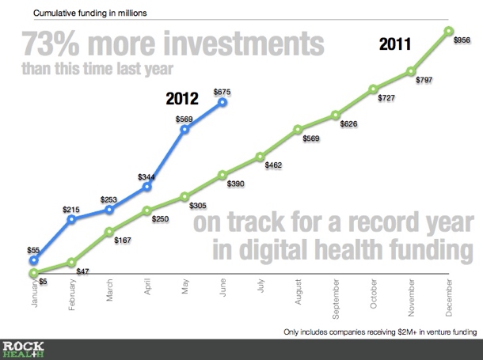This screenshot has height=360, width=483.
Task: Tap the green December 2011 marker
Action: click(449, 32)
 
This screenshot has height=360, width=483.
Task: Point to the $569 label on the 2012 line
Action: click(183, 118)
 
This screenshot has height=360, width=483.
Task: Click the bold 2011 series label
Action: click(394, 45)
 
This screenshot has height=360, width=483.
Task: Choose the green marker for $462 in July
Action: click(261, 157)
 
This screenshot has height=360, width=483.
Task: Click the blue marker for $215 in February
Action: click(71, 218)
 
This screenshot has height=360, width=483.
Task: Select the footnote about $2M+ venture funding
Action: click(380, 332)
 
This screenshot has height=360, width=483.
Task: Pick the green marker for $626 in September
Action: click(336, 115)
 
